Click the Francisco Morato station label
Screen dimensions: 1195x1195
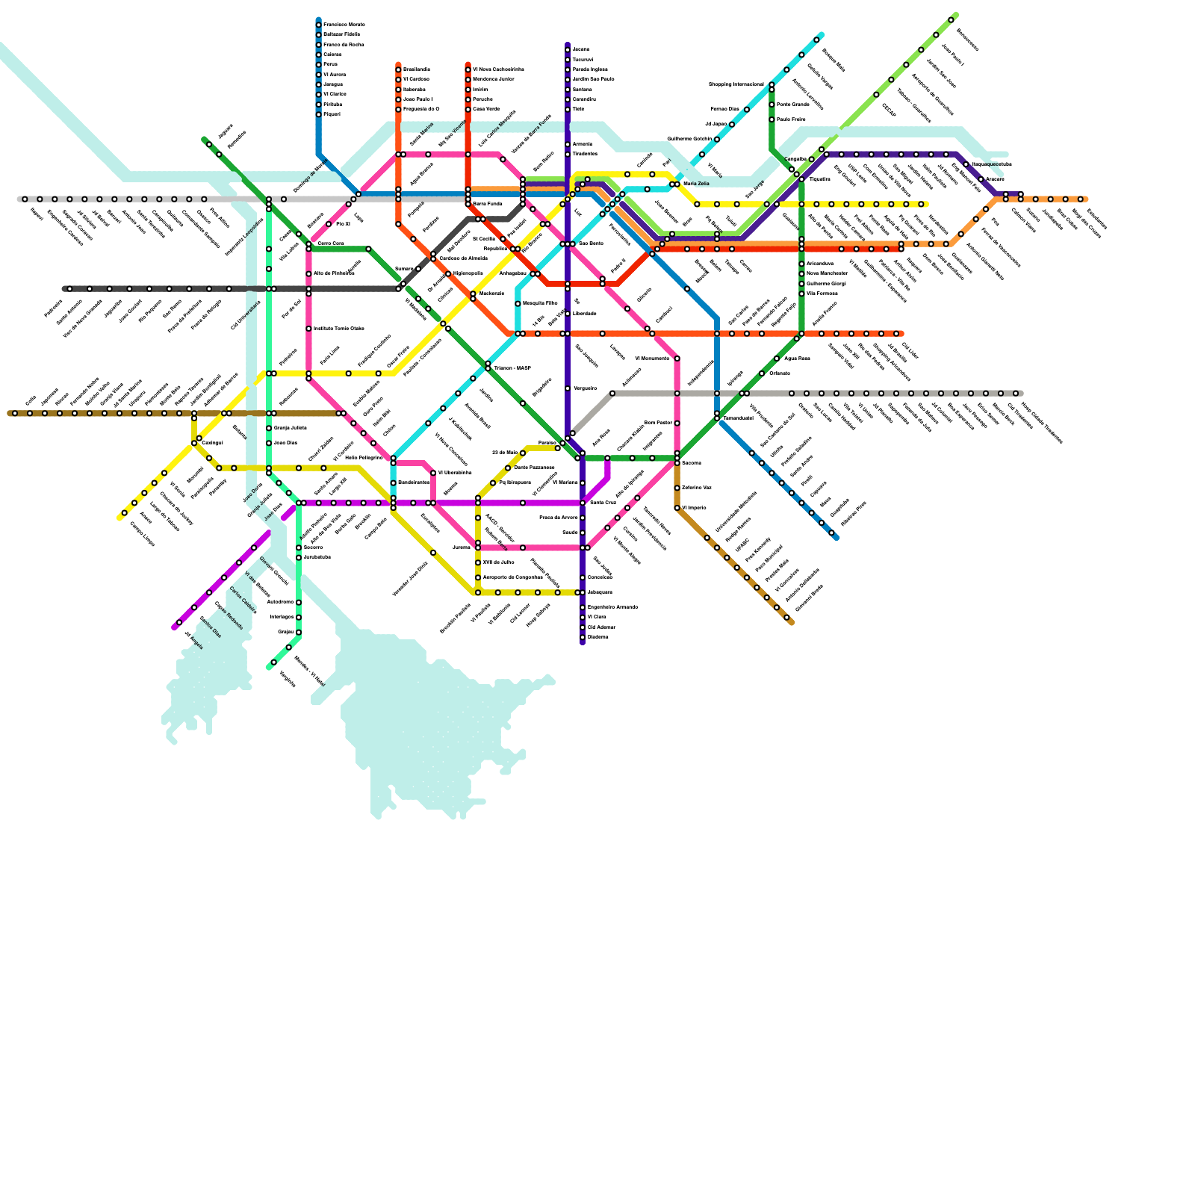[344, 25]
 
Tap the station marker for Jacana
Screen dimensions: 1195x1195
[568, 49]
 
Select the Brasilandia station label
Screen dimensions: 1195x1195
[416, 69]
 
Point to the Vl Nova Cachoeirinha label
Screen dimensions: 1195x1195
[498, 69]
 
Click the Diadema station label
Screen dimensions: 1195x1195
[597, 637]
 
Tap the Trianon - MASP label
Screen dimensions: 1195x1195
[512, 368]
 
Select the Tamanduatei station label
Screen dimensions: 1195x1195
[738, 418]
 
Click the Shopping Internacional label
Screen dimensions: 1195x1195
[736, 84]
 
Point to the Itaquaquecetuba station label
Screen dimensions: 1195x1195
[991, 164]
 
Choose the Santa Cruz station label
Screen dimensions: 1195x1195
[603, 503]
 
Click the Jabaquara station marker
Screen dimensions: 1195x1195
[583, 592]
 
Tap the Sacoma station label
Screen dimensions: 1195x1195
[691, 463]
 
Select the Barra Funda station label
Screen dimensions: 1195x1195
[487, 204]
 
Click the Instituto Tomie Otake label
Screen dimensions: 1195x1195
[338, 329]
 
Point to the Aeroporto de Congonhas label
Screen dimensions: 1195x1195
[512, 577]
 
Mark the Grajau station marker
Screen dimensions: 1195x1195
[299, 632]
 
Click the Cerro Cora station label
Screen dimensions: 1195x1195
[330, 243]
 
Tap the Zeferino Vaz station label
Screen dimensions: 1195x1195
[696, 488]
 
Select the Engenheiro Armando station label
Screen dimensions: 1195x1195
[612, 607]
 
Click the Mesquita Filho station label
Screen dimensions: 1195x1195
[539, 303]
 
